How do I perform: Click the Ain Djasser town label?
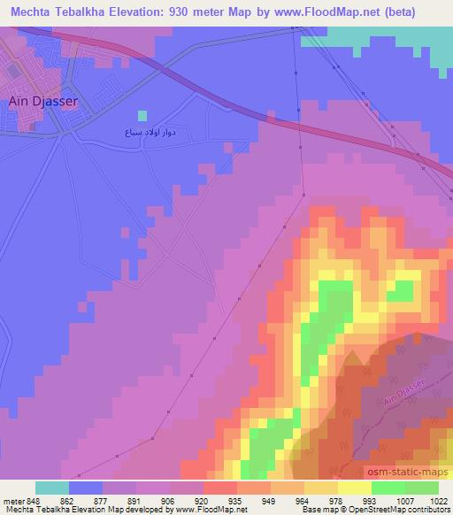(43, 101)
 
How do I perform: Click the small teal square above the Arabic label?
(142, 115)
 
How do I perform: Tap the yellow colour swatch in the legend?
(354, 487)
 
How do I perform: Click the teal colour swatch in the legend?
(52, 487)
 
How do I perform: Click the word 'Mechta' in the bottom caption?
(18, 509)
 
